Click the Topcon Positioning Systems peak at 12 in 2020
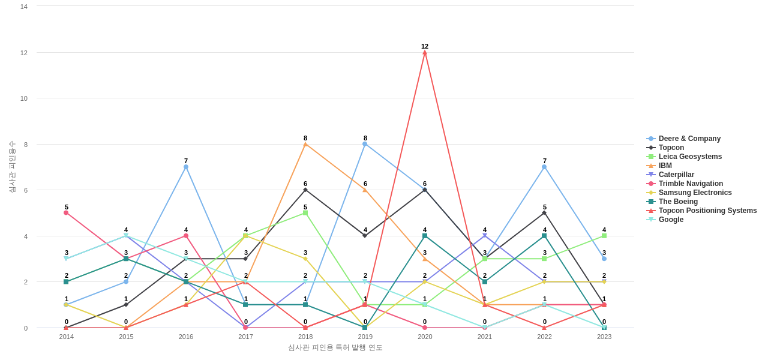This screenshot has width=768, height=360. click(x=425, y=52)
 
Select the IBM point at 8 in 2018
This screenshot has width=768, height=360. click(x=305, y=144)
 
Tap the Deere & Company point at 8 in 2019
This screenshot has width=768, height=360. click(x=365, y=144)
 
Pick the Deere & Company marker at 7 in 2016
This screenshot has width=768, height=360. click(x=186, y=167)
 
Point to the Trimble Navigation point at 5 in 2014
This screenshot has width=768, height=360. click(x=66, y=212)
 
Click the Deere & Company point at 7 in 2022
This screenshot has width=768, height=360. click(x=544, y=167)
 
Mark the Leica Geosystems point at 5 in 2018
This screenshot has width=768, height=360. click(x=305, y=213)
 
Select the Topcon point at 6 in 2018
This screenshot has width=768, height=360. click(x=305, y=190)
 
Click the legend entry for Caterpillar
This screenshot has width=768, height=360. click(x=676, y=175)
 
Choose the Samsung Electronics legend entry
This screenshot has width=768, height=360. click(x=695, y=193)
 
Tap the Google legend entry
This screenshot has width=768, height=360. click(x=671, y=220)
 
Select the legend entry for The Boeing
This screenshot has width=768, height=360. click(x=678, y=202)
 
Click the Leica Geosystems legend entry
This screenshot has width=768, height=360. click(x=690, y=157)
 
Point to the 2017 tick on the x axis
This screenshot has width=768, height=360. click(x=245, y=337)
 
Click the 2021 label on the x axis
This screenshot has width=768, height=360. click(x=485, y=337)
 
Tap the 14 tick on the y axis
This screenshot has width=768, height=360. click(x=24, y=7)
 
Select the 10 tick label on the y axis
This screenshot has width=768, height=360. click(x=24, y=98)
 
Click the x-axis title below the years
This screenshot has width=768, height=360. click(x=335, y=347)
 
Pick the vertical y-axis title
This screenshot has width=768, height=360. click(x=12, y=167)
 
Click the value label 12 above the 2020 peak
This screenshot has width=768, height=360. click(x=425, y=46)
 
